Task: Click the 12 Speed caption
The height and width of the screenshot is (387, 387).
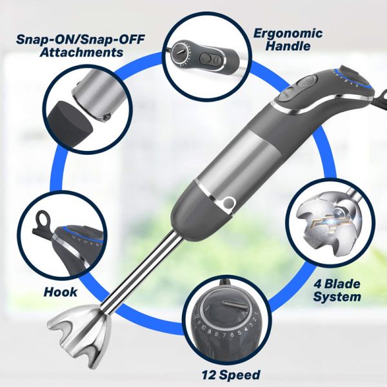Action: pyautogui.click(x=230, y=374)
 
